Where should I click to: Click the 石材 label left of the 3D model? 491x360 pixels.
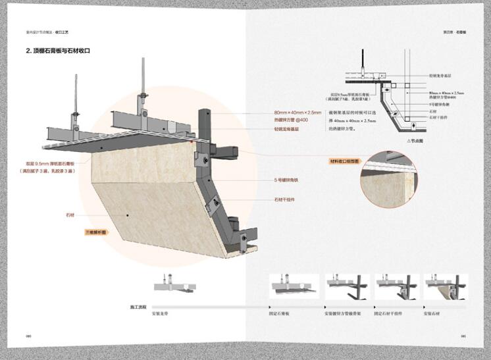70,215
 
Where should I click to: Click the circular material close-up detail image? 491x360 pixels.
388,182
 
